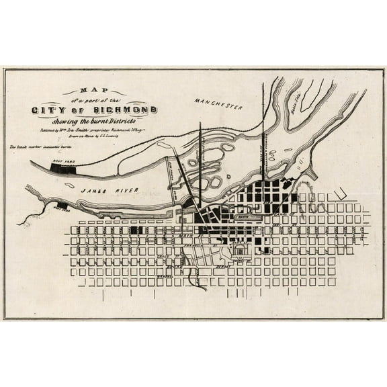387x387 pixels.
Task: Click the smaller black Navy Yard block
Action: coord(62,205)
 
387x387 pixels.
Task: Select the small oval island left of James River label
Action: coord(69,186)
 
